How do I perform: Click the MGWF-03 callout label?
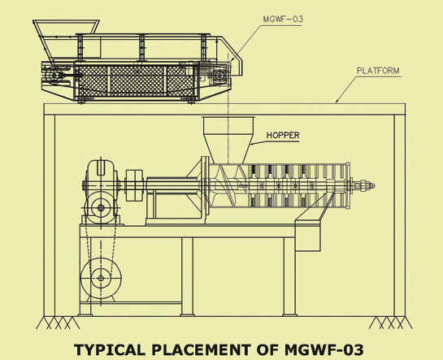(283, 20)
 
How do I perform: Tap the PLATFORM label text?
(378, 71)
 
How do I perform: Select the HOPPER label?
(283, 135)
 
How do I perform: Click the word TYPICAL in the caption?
(110, 349)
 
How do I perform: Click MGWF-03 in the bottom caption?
(324, 349)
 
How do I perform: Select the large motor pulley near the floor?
(101, 278)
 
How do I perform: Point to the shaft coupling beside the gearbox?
(134, 185)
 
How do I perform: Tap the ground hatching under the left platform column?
(58, 323)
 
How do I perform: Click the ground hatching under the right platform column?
(390, 323)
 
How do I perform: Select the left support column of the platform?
(50, 215)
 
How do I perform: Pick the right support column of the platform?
(400, 215)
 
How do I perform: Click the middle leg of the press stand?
(187, 276)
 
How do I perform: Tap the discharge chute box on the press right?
(308, 235)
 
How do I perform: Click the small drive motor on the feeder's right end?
(220, 74)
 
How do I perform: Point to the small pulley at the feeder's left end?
(54, 76)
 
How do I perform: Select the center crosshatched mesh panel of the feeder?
(137, 80)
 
